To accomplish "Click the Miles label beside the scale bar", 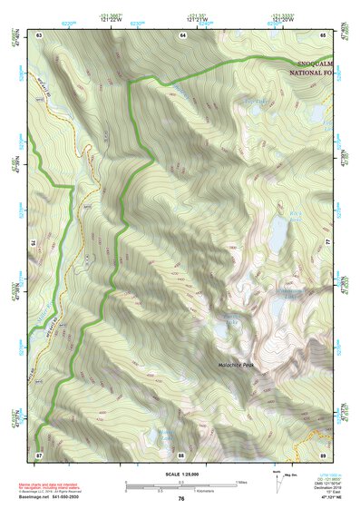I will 240,481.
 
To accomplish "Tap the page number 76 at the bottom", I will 181,498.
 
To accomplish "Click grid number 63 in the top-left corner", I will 40,34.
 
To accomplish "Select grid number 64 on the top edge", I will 182,34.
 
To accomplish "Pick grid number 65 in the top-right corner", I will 324,34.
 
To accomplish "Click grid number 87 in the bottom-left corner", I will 40,454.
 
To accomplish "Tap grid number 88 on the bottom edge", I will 181,454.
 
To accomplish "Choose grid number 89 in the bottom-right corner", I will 323,454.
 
